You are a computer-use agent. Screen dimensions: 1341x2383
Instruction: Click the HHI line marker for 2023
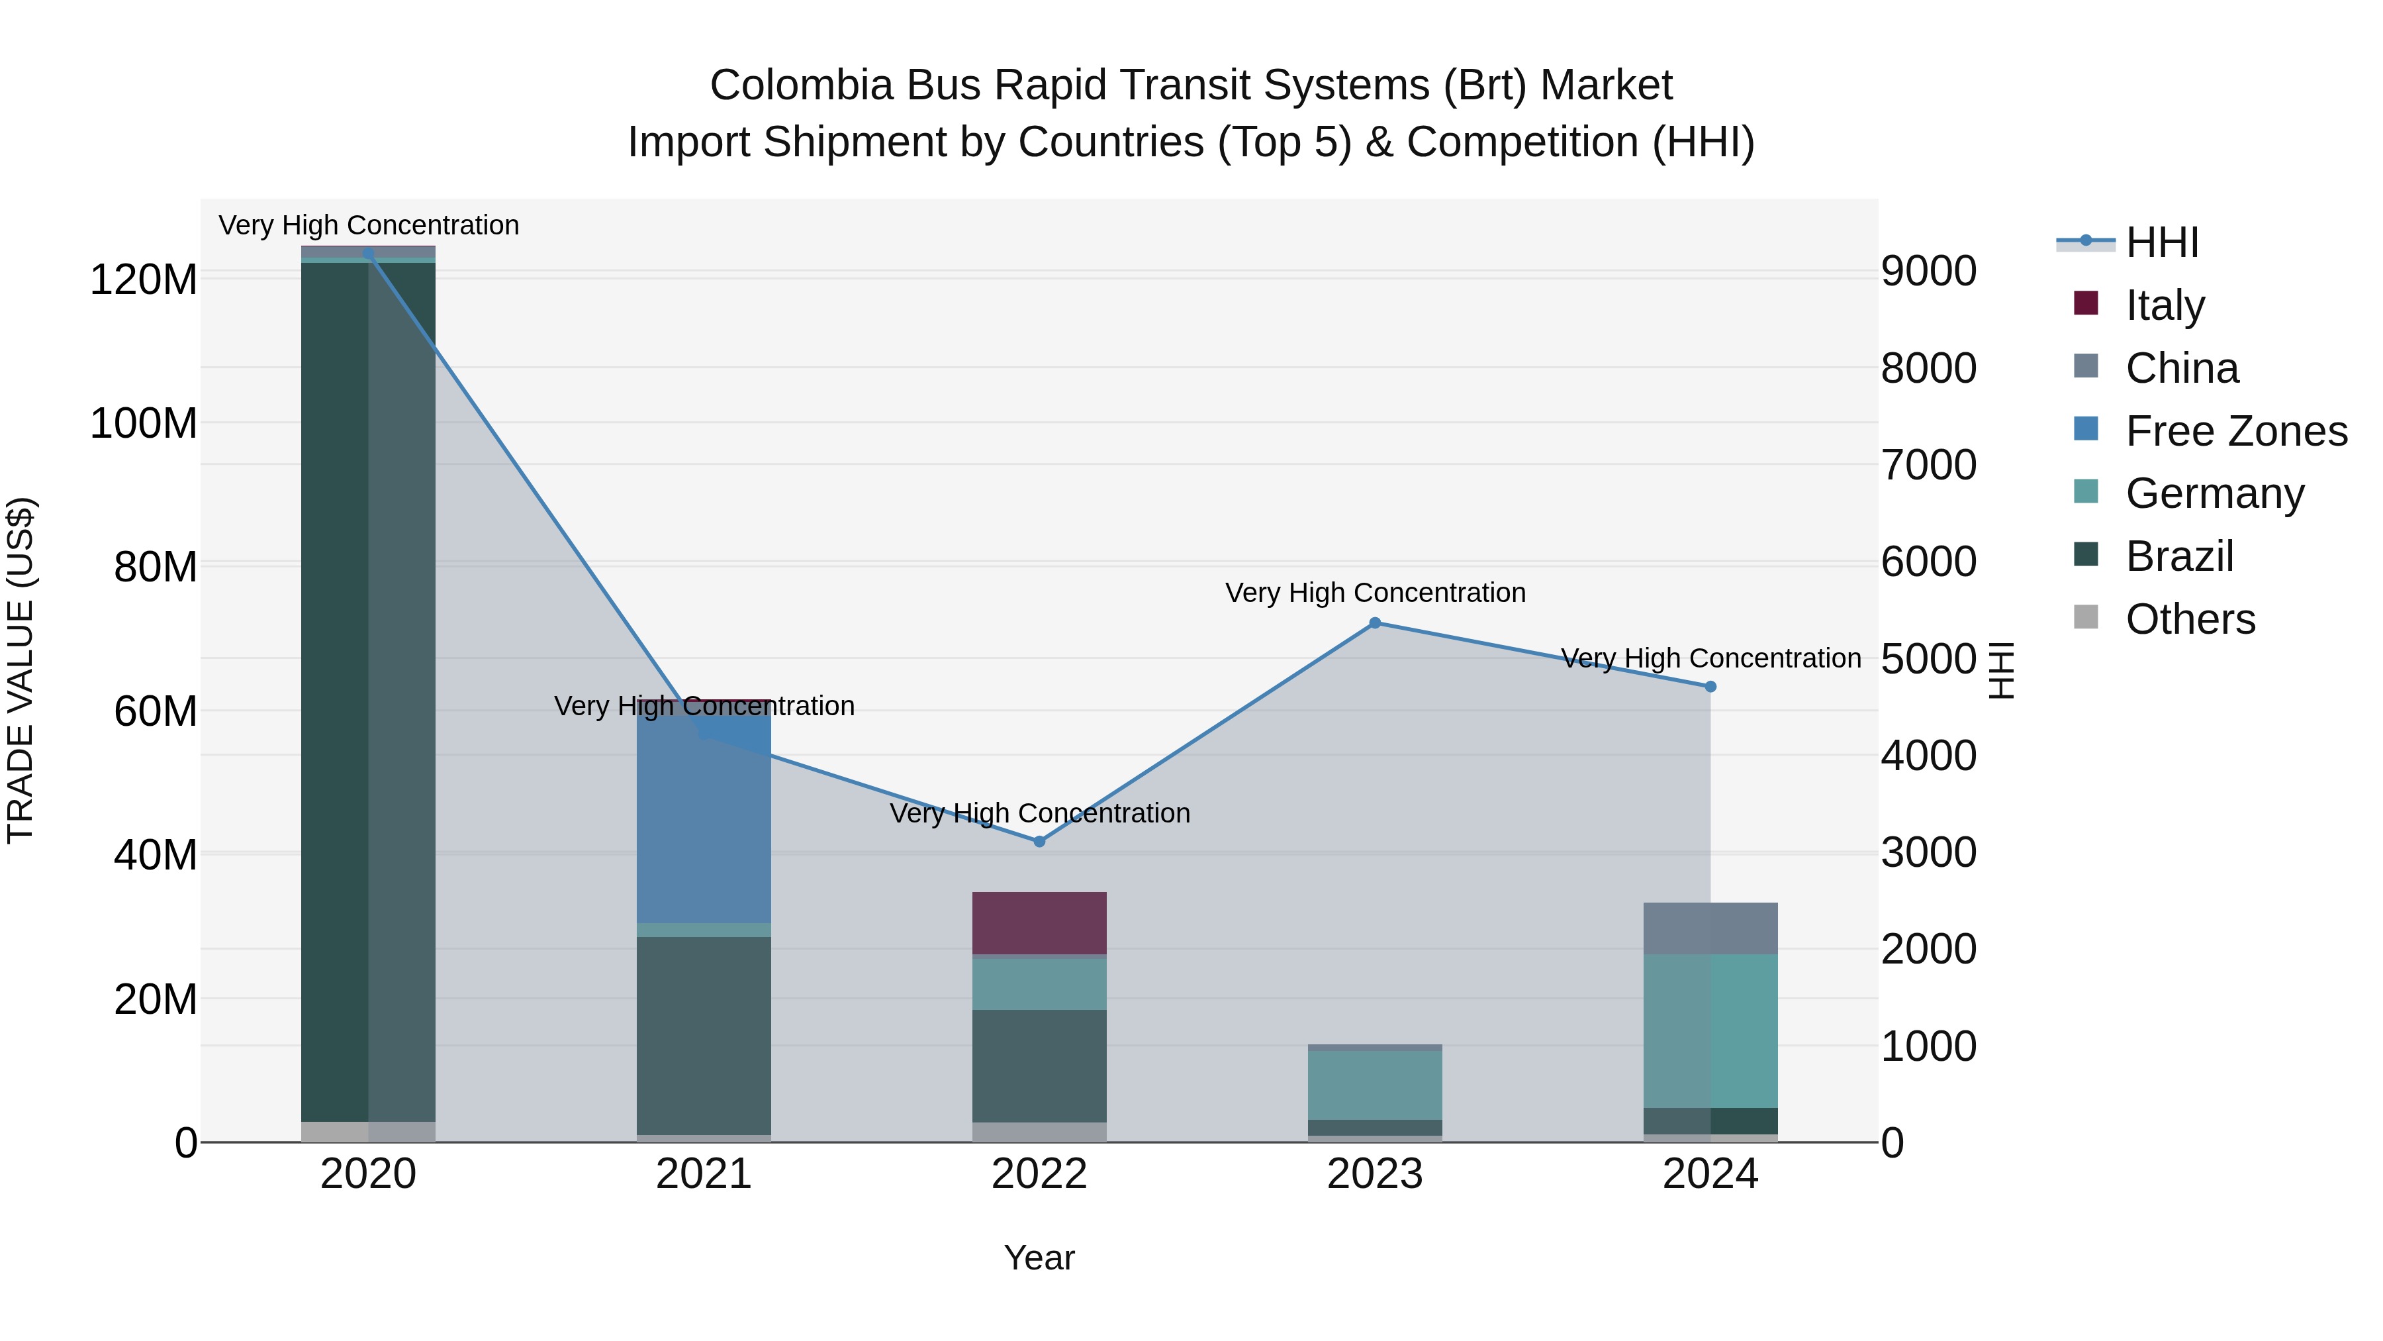[1375, 623]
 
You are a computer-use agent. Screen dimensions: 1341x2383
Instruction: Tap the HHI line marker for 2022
[1039, 841]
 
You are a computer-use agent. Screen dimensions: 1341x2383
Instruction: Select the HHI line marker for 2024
[1710, 687]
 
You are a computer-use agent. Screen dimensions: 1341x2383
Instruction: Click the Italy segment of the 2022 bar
[1039, 922]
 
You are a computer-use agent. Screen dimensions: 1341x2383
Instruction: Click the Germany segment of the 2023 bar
[1375, 1085]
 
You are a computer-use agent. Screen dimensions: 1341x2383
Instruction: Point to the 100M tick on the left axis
[144, 424]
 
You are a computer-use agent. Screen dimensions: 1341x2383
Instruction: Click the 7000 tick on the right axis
[1929, 465]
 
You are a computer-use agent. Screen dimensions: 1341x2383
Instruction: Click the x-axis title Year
[1039, 1258]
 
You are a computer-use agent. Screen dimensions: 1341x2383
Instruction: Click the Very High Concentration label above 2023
[1375, 592]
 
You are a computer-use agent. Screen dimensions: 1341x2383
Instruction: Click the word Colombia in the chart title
[800, 85]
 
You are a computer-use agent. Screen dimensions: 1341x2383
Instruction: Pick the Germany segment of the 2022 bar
[1039, 983]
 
